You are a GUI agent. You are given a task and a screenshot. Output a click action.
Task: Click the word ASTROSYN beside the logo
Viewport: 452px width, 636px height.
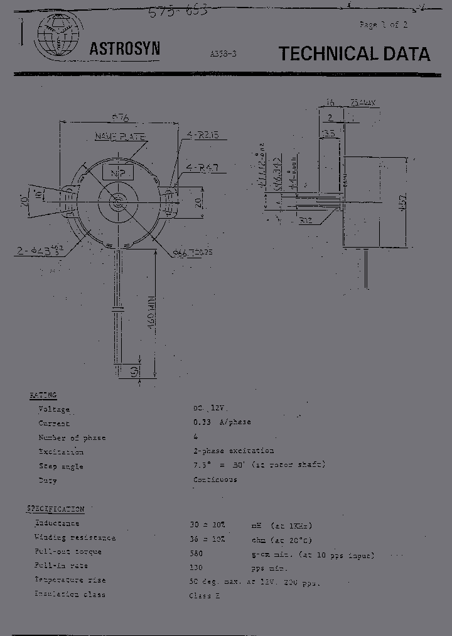point(124,49)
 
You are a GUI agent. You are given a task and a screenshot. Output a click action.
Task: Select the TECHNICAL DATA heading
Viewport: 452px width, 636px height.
point(355,54)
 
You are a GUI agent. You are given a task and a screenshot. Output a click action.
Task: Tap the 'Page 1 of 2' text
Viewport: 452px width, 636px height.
point(383,25)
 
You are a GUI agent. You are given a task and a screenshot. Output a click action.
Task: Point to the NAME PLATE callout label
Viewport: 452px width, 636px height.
point(120,136)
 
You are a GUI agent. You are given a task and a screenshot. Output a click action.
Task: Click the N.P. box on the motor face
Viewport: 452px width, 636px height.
point(117,172)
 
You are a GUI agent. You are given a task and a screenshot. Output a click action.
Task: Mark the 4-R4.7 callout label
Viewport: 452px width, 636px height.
point(203,167)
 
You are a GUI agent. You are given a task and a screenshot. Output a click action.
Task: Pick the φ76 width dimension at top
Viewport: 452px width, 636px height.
point(119,117)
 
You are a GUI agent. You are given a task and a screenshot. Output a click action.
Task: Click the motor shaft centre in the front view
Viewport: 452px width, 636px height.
point(117,202)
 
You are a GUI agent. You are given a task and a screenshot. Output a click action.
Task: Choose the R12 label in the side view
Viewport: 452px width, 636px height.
point(306,221)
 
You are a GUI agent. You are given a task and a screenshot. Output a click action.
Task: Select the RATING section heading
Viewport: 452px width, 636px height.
point(43,395)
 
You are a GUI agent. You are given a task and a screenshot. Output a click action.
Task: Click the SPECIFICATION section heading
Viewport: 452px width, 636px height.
point(55,508)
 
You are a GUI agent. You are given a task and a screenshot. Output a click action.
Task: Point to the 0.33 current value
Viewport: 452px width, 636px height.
point(202,422)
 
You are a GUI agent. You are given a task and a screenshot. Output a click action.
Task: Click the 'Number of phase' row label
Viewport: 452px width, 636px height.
point(72,437)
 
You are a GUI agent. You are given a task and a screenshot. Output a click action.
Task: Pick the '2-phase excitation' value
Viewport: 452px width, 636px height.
point(234,451)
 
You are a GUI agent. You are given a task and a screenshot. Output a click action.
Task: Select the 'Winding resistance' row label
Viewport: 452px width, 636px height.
point(75,537)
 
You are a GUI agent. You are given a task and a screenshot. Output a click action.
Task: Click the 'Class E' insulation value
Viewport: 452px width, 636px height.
point(205,595)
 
